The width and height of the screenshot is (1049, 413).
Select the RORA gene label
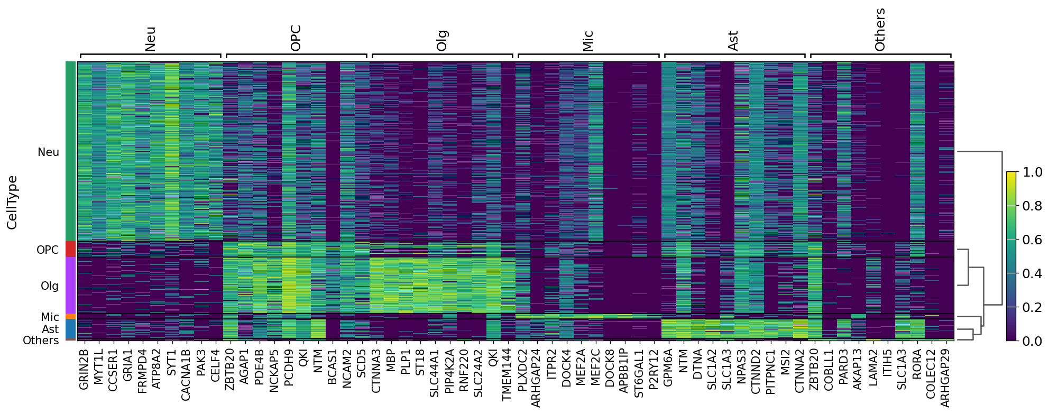tap(917, 363)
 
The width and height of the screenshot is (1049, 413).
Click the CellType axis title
tap(12, 203)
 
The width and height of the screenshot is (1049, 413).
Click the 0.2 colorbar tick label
tap(1032, 308)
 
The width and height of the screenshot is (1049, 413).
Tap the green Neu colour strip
tap(71, 151)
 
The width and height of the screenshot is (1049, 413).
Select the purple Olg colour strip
tap(71, 286)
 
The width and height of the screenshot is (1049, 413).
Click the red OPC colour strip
tap(71, 249)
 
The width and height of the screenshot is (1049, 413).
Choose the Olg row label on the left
tap(50, 286)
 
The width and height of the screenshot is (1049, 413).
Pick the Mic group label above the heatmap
tap(588, 41)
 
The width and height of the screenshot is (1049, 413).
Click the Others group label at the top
tap(880, 30)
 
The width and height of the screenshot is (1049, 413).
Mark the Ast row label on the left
tap(50, 329)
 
